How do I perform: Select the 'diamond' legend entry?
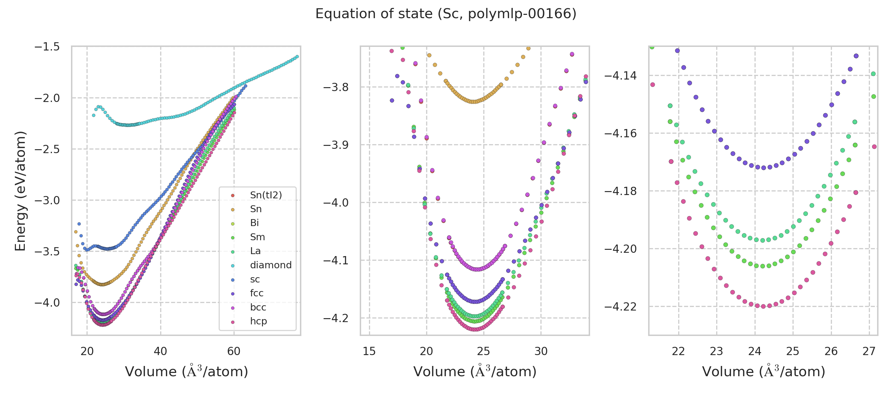(271, 265)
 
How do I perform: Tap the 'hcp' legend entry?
(258, 321)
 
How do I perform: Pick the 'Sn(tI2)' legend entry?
(266, 195)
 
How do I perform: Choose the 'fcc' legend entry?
(257, 293)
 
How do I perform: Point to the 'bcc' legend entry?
(258, 308)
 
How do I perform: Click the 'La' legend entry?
(255, 251)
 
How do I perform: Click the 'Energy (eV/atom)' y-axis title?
(20, 191)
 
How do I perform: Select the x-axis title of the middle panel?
(475, 372)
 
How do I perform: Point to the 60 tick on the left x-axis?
(234, 351)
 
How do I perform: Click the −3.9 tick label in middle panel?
(336, 145)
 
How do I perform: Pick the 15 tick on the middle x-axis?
(369, 351)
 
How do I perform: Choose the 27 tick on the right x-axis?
(869, 351)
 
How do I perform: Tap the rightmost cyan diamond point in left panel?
(297, 57)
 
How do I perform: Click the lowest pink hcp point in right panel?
(763, 307)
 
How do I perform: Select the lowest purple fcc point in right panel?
(763, 168)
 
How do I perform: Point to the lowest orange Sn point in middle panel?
(473, 102)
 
